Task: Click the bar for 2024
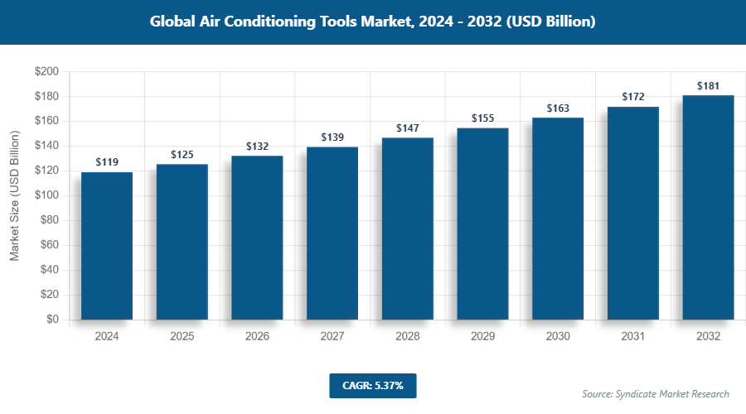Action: point(107,246)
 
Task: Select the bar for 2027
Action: point(332,233)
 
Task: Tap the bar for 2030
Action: point(558,219)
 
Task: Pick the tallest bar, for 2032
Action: point(708,207)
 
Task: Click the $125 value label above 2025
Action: point(182,155)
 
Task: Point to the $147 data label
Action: point(408,128)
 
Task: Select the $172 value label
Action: point(633,98)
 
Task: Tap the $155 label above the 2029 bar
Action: point(483,118)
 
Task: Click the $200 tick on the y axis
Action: point(46,72)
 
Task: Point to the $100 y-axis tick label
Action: point(46,195)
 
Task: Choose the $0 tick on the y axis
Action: point(51,320)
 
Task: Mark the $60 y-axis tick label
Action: point(48,245)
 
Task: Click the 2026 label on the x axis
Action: point(257,337)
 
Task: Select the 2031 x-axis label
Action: point(633,337)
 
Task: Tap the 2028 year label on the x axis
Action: point(408,337)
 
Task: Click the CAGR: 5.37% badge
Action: point(372,386)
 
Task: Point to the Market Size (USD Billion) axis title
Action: point(15,195)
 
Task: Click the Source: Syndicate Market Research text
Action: point(656,394)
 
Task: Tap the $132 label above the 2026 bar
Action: point(257,147)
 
